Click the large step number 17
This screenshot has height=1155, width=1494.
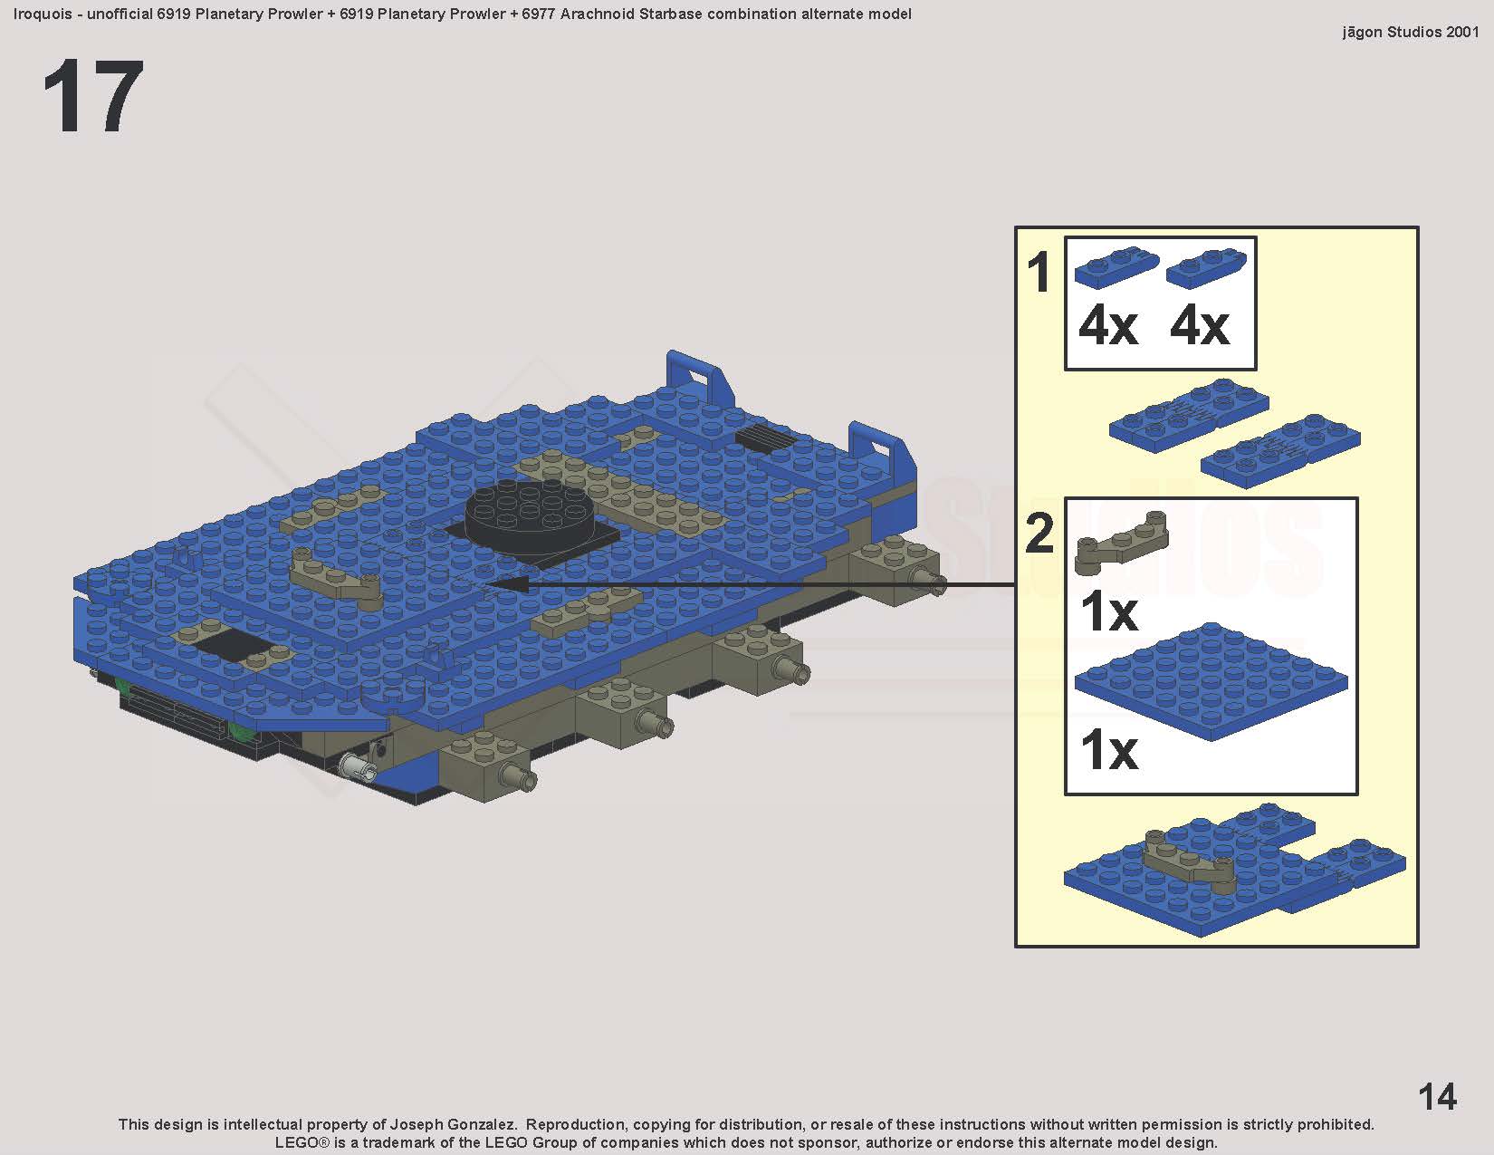93,96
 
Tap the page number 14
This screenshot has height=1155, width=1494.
1437,1097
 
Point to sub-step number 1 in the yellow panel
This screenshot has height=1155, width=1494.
1039,273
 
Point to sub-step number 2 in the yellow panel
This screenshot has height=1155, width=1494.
1039,534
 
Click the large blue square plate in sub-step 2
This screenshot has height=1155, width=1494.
1210,682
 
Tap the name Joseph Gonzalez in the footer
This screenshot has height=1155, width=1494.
453,1124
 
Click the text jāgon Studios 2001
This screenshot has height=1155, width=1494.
1410,32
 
